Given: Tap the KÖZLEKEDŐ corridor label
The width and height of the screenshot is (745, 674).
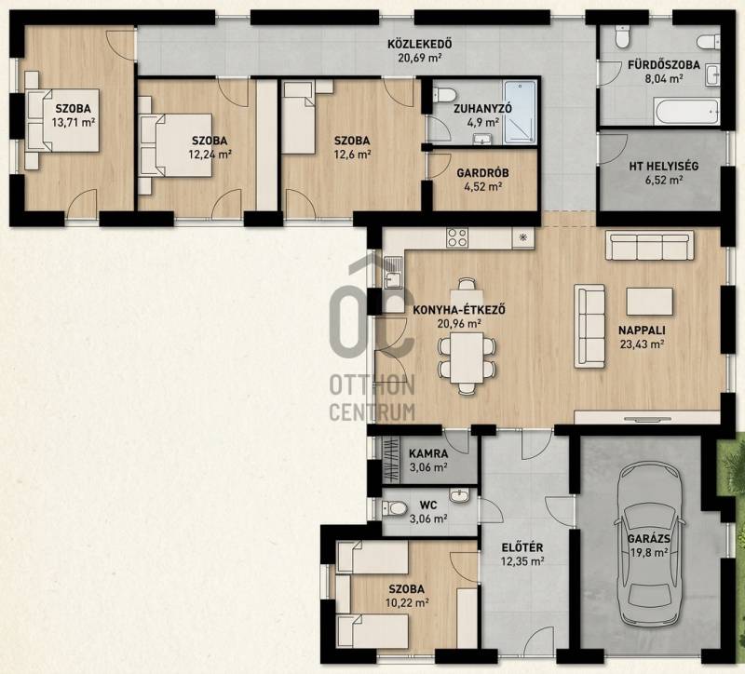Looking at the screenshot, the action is click(420, 45).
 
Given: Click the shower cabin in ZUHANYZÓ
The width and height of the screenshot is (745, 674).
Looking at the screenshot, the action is click(521, 112).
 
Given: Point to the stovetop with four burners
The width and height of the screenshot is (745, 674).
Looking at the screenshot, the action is click(457, 237).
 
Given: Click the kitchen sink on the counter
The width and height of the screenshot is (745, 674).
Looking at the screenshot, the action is click(392, 274).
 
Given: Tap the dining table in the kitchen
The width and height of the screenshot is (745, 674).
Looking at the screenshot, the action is click(467, 357).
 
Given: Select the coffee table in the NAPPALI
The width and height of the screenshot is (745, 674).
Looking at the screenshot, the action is click(649, 302).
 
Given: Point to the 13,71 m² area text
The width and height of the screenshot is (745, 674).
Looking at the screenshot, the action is click(74, 123).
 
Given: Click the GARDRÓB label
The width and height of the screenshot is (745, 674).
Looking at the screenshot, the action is click(482, 173).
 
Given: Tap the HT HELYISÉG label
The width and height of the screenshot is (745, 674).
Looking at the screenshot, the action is click(663, 167).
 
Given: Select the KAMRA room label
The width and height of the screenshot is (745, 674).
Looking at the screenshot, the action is click(428, 453).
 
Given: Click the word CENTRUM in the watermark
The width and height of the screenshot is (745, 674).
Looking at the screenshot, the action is click(372, 412).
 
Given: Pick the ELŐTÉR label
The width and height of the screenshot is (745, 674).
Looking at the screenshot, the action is click(522, 547).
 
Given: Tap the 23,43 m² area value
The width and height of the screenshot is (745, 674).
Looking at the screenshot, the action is click(642, 344).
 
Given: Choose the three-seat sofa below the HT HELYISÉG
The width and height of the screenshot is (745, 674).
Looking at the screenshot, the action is click(649, 246).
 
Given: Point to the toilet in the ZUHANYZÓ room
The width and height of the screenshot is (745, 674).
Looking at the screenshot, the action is click(445, 94).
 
